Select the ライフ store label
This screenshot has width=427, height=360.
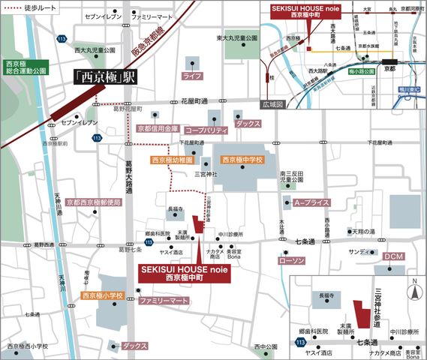click(193, 76)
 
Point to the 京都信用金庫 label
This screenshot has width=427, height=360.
click(158, 129)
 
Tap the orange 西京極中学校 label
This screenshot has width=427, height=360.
click(242, 160)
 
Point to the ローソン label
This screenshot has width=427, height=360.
click(290, 260)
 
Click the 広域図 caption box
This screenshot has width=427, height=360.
click(274, 105)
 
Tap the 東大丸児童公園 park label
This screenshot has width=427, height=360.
click(232, 37)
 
